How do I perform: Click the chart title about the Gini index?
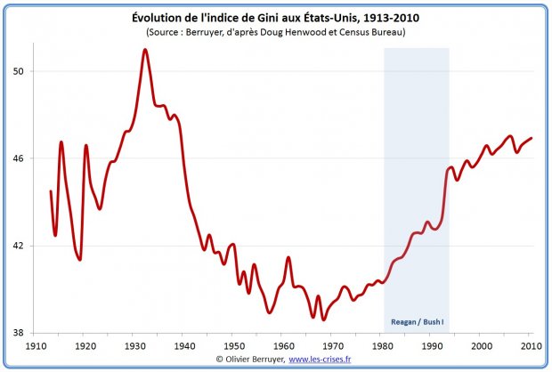tap(275, 17)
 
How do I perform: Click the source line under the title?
tap(275, 32)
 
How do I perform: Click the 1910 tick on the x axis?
tap(36, 345)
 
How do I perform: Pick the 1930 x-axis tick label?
tap(134, 345)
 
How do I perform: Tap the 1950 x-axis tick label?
tap(234, 345)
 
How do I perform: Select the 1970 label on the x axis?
tap(333, 345)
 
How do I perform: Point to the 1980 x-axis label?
tap(383, 345)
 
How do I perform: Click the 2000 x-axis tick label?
tap(482, 345)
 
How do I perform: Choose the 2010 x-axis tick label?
tap(532, 345)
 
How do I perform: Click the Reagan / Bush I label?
tap(417, 322)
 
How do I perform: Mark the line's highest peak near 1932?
tap(144, 50)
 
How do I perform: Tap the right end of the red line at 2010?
tap(532, 138)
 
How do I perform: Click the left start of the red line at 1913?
tap(51, 190)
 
